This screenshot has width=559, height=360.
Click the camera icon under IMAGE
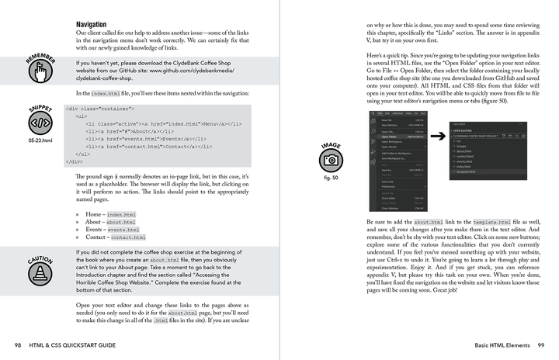332,160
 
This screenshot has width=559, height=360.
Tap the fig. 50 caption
332,178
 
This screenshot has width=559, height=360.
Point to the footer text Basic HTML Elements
492,344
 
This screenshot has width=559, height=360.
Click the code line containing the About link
128,131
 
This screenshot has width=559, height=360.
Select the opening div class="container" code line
101,109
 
